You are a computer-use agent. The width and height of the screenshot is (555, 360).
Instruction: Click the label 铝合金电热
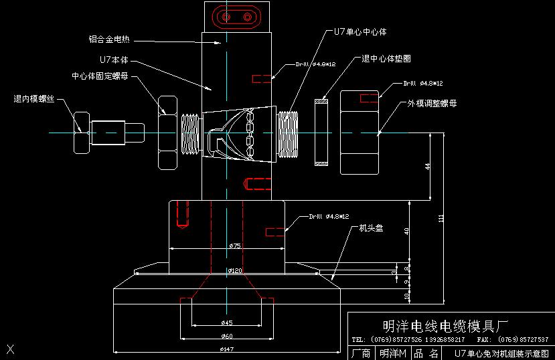click(108, 39)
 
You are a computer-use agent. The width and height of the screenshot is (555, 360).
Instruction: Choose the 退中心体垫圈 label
click(386, 58)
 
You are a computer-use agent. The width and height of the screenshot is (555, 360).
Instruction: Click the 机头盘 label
click(371, 228)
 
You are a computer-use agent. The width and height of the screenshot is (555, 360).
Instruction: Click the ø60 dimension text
click(228, 336)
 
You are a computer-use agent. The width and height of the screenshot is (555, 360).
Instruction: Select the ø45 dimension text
click(227, 323)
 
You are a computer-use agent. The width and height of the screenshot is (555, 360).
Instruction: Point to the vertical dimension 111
click(441, 219)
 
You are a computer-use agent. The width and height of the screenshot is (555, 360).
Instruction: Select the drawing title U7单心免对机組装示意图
click(501, 353)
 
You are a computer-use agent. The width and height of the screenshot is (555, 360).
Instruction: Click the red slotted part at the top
click(237, 15)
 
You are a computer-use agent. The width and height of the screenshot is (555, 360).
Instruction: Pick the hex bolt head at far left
click(80, 122)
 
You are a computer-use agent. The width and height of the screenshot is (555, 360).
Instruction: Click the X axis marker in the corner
click(10, 348)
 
